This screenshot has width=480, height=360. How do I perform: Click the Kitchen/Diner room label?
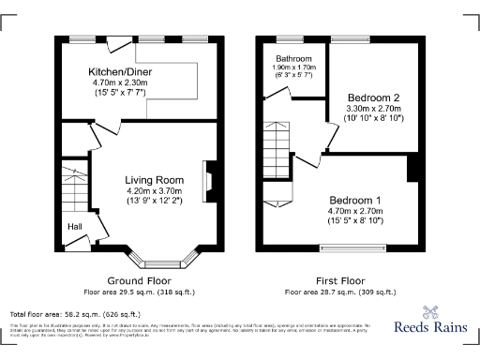pyautogui.click(x=120, y=71)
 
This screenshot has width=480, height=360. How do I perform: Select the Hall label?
pyautogui.click(x=74, y=226)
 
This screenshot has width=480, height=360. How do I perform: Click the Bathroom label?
pyautogui.click(x=293, y=58)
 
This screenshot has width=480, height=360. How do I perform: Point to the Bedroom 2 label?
pyautogui.click(x=373, y=97)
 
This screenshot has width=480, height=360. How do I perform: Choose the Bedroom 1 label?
pyautogui.click(x=354, y=200)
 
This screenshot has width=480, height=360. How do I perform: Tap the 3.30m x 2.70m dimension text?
pyautogui.click(x=373, y=109)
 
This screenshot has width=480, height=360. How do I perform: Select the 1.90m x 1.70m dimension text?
pyautogui.click(x=293, y=67)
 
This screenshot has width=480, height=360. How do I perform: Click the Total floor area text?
pyautogui.click(x=74, y=314)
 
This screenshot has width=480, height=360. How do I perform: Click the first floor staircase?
pyautogui.click(x=279, y=145)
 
